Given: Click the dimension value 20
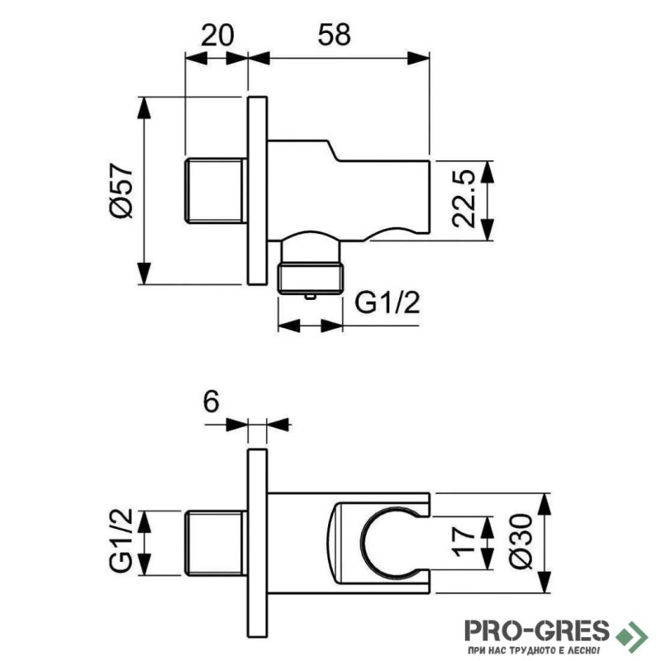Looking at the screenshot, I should (x=217, y=36).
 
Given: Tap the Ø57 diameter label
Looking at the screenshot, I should (x=121, y=191).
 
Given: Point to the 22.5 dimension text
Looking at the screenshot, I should (x=465, y=199).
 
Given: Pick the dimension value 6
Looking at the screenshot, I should (x=211, y=402).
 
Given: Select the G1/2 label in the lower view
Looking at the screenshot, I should (x=121, y=542).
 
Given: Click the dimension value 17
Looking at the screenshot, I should (x=465, y=542).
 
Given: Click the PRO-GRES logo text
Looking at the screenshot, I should (x=536, y=630).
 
